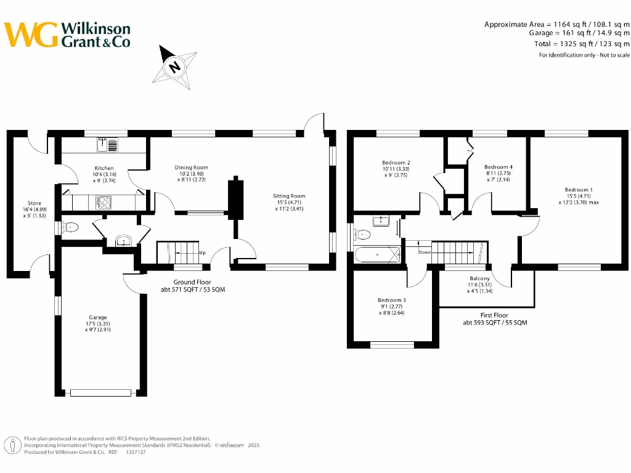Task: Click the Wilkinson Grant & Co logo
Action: (67, 35)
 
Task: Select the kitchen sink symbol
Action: (107, 145)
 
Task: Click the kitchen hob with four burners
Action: (102, 201)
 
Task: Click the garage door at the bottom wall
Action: (100, 392)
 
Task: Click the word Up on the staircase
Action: (202, 253)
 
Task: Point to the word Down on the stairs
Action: (425, 252)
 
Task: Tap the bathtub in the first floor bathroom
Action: (378, 254)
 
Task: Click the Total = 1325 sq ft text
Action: (581, 44)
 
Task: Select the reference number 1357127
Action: (136, 451)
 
